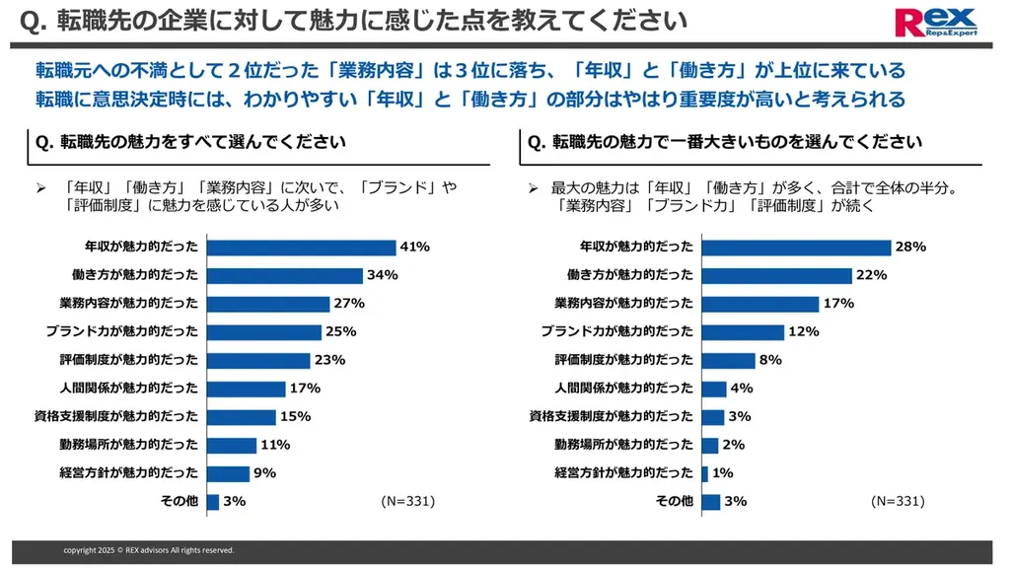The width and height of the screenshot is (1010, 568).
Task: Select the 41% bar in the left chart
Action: coord(301,247)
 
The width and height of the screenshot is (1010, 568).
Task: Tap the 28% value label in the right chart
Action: coord(910,247)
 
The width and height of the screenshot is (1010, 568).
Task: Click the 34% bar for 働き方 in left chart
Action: coord(284,275)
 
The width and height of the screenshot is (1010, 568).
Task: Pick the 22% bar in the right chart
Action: coord(776,275)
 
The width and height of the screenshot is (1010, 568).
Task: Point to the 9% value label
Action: coord(264,473)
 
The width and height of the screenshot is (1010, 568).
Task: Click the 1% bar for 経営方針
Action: coord(704,473)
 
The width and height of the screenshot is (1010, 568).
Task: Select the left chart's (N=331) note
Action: coord(407,501)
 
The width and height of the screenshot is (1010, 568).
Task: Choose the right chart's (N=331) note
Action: coord(898,501)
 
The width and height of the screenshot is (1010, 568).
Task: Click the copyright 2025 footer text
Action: coord(149,550)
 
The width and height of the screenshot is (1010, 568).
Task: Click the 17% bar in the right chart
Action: coord(759,304)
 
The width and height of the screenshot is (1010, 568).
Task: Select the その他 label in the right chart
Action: coord(675,501)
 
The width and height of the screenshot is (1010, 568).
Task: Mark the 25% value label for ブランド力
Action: coord(340,331)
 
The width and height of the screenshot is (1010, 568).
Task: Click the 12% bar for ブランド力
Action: coord(743,331)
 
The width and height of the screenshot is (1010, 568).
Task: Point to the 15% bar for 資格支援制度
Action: coord(242,416)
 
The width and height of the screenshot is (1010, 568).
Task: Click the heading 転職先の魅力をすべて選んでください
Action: coord(190,142)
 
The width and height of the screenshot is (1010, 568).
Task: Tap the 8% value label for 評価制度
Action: coord(770,360)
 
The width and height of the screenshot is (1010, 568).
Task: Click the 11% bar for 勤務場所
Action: coord(231,445)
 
